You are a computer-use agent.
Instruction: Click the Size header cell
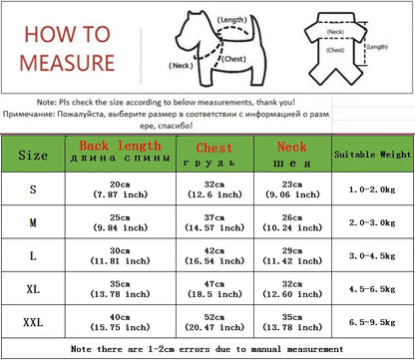(x=34, y=156)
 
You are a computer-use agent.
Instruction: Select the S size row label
(x=34, y=189)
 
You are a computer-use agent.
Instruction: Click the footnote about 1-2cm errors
(x=207, y=349)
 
